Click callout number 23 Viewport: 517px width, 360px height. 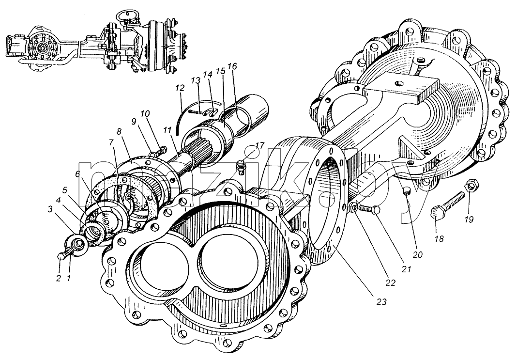point(381,302)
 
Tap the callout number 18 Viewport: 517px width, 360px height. point(440,238)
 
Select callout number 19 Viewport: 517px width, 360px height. point(469,219)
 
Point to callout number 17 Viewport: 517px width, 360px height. point(259,145)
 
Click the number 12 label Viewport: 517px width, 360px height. point(180,89)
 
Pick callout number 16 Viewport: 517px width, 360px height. point(232,66)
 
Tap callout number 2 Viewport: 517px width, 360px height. point(59,278)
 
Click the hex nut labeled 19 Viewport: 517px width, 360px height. point(471,187)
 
